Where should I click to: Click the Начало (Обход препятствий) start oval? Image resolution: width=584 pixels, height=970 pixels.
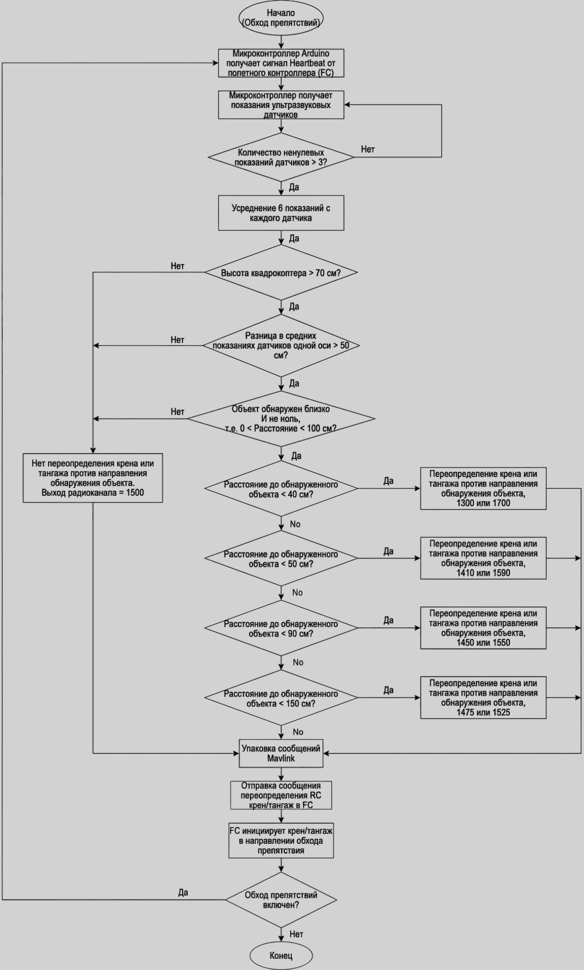point(281,18)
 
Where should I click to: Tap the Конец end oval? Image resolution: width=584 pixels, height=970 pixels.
point(281,955)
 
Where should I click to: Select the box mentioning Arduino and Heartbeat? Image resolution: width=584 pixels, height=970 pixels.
point(281,63)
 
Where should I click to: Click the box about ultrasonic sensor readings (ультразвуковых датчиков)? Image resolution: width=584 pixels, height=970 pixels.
point(281,105)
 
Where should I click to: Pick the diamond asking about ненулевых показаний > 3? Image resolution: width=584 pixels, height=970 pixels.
point(281,157)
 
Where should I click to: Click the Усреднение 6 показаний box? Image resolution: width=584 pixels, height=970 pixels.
point(281,213)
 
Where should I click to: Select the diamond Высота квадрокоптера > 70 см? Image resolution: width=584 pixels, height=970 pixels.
point(281,273)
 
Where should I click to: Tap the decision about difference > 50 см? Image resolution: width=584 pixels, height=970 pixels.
point(281,346)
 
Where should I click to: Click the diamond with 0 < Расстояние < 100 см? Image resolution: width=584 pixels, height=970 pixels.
point(281,419)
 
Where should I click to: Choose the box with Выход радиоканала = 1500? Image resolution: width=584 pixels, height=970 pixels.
point(92,478)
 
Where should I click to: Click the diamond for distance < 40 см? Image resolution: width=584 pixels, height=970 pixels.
point(281,489)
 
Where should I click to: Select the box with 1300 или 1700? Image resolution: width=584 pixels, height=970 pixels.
point(483,488)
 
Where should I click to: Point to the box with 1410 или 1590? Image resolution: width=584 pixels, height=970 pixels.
point(483,558)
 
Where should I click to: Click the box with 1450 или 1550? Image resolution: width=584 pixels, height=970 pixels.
point(483,628)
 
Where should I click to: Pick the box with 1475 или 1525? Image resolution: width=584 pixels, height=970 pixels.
point(483,697)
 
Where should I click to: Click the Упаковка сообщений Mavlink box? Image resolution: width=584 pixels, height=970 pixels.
point(281,753)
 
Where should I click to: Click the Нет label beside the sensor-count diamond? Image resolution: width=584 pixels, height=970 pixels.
point(368,149)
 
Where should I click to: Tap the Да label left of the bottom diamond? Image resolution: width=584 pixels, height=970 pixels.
point(183,893)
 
